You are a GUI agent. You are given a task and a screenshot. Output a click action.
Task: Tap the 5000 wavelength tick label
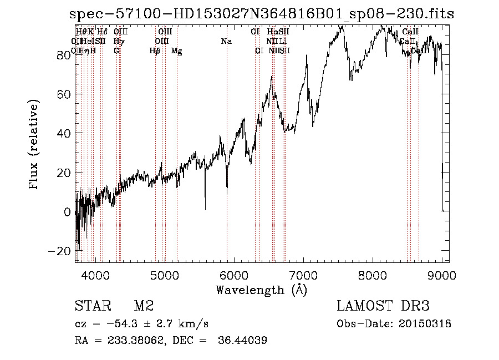tap(164, 274)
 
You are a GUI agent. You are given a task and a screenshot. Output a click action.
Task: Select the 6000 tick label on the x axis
tap(234, 274)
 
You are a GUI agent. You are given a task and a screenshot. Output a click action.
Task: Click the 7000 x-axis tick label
tap(303, 274)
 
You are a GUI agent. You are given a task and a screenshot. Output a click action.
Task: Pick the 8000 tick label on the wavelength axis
tap(373, 274)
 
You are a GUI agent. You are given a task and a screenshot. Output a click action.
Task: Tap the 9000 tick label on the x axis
tap(442, 274)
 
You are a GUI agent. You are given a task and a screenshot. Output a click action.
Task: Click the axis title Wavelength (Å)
tap(261, 290)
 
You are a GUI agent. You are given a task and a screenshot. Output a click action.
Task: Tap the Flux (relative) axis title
tap(34, 145)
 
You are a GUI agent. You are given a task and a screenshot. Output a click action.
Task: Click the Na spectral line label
tap(226, 42)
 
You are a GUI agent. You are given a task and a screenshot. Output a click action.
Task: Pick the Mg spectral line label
tap(176, 51)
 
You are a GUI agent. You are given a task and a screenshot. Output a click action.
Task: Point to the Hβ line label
tap(155, 51)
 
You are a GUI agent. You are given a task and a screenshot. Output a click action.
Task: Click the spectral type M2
tap(143, 306)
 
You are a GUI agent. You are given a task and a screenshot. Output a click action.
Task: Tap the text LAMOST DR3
tap(383, 306)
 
